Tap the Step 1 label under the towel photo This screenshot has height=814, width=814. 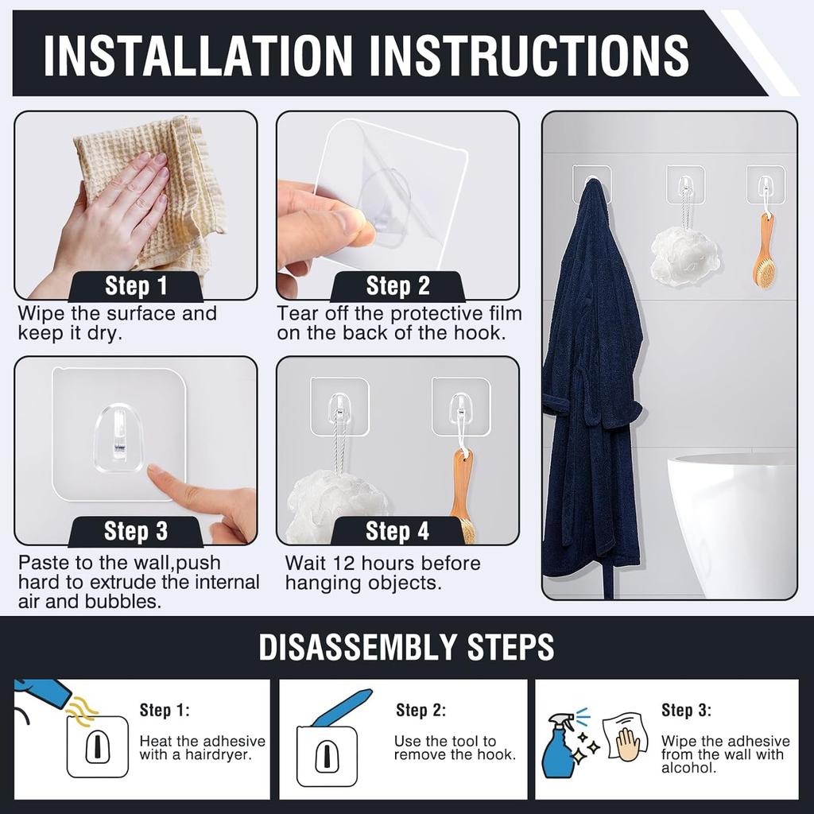136,286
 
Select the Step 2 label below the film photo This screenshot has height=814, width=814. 397,286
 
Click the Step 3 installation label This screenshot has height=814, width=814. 136,531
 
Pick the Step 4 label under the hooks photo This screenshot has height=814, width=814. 397,531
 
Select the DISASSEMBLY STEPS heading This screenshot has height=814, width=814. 406,647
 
